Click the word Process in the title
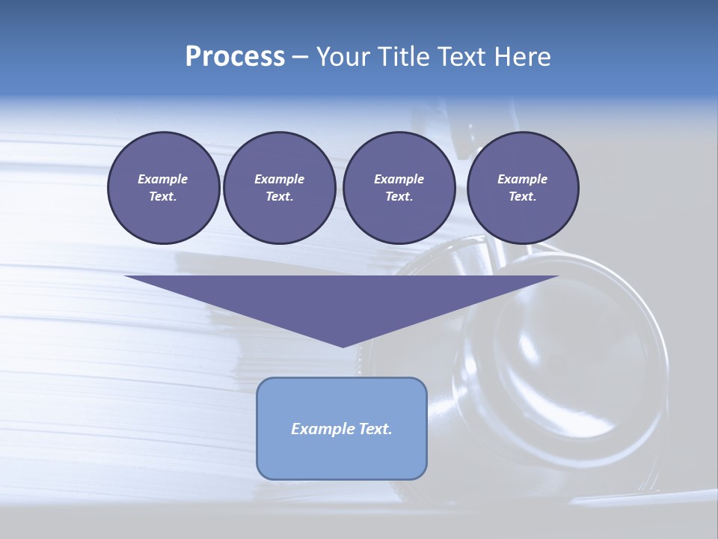click(235, 56)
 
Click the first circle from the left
click(163, 188)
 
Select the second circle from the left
click(279, 188)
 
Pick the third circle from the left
click(399, 188)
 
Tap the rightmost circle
click(523, 188)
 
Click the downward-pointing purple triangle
click(342, 299)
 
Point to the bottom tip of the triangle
click(343, 346)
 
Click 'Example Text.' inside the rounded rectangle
click(342, 429)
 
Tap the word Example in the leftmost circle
click(163, 179)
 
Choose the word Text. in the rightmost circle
click(523, 196)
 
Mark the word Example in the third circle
click(399, 179)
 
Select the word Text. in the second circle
click(279, 196)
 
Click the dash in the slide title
click(300, 57)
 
